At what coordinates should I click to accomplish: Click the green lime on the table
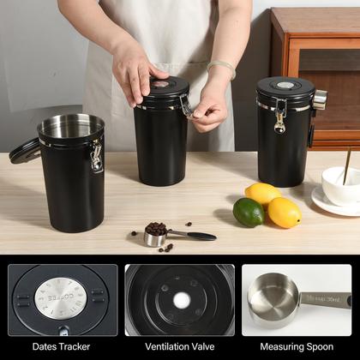[x=248, y=212]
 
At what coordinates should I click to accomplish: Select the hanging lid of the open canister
[x=24, y=151]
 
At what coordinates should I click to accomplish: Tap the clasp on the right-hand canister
[x=279, y=116]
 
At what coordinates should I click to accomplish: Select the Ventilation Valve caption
[x=179, y=347]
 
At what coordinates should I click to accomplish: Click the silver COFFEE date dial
[x=60, y=298]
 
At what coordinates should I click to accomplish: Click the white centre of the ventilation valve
[x=181, y=300]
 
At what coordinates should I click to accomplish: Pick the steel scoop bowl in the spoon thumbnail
[x=271, y=301]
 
